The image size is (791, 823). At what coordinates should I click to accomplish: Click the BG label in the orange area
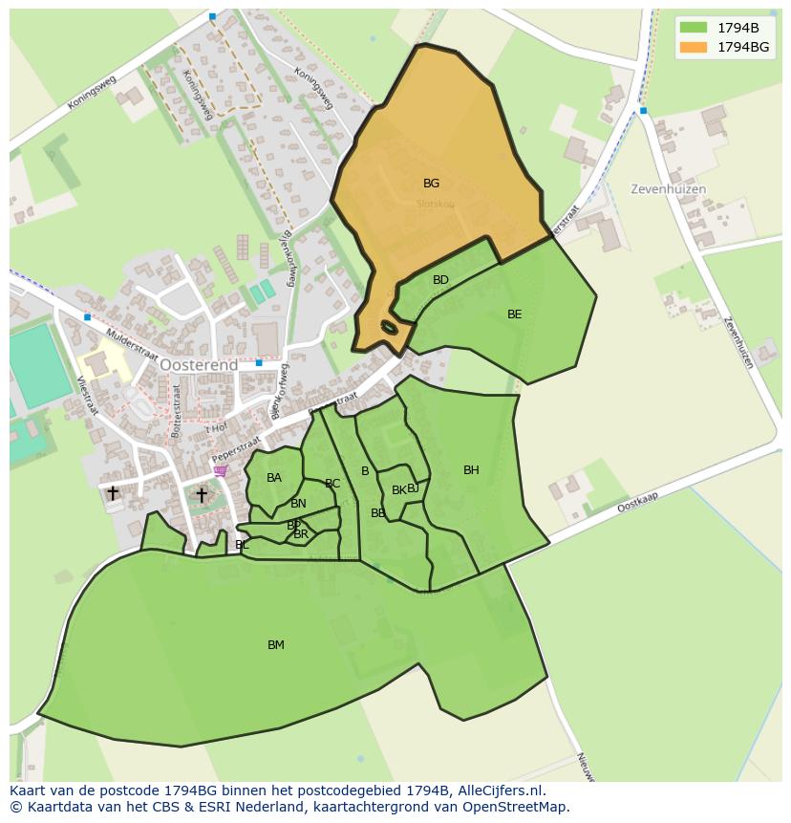point(431,184)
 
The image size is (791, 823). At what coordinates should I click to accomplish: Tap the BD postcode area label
point(440,280)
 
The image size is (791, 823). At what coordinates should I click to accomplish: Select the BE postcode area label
point(515,314)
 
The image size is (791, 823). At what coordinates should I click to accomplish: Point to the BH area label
point(471,470)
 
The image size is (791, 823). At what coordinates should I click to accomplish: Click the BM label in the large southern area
point(276,645)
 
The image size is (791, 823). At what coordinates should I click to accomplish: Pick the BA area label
point(274,478)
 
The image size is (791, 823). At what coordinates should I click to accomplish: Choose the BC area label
point(332,484)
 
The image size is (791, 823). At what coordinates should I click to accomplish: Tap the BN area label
point(299,504)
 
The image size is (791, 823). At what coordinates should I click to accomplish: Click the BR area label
point(301,534)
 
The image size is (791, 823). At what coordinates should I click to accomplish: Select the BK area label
point(398,490)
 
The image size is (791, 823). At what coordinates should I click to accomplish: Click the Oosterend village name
point(199,365)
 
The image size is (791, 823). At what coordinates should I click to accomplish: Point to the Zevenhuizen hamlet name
point(668,189)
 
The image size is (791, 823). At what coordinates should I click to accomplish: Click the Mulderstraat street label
point(131,343)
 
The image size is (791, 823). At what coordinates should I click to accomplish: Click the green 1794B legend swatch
point(694,28)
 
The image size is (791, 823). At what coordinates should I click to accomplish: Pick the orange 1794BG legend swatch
point(694,46)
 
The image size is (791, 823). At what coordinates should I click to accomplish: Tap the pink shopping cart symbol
point(222,470)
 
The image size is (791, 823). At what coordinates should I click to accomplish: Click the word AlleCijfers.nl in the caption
point(498,791)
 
